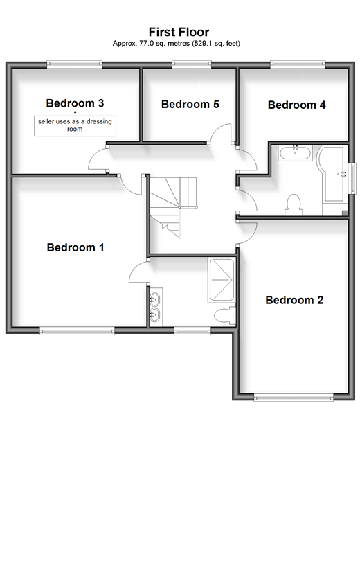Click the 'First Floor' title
coord(179,32)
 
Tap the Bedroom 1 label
coord(75,247)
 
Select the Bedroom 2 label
coord(294,300)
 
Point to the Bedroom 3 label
coord(75,103)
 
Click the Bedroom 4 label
coord(296,105)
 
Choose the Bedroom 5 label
coord(190,105)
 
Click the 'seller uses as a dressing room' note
coord(75,125)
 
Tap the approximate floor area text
coord(177,44)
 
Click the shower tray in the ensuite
coord(221,280)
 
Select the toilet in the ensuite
coord(225,315)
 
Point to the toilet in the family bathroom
coord(294,205)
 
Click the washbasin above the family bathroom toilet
coord(295,152)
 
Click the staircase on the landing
coord(174,207)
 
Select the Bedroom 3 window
coord(75,64)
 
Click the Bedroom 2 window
coord(294,398)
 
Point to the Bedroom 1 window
coord(77,330)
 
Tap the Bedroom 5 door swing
coord(221,134)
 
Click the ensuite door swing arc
coord(138,272)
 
